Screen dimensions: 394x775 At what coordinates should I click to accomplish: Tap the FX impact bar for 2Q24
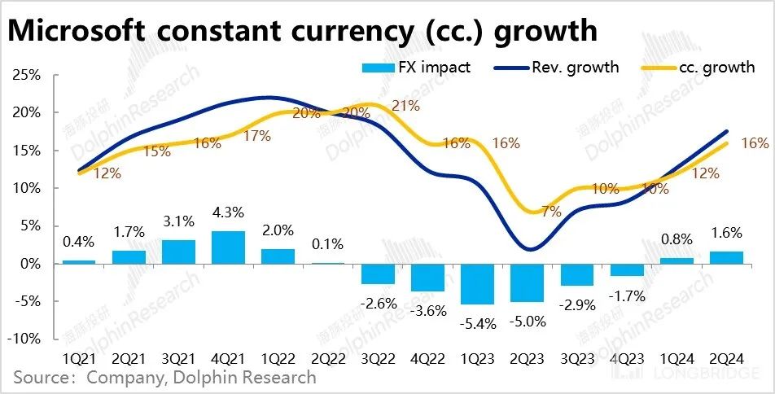click(727, 257)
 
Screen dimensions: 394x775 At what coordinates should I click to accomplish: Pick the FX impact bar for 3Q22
click(378, 274)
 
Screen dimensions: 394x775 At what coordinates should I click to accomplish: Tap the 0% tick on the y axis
click(28, 264)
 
